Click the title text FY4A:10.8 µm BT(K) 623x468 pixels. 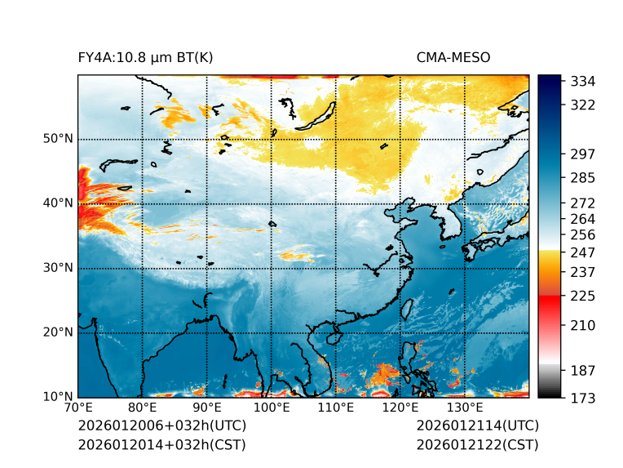[145, 58]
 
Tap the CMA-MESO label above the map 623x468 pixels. [453, 58]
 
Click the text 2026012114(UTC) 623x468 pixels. [477, 426]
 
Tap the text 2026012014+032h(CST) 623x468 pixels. [161, 444]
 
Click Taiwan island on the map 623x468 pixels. [409, 308]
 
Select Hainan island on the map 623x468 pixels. [333, 337]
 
